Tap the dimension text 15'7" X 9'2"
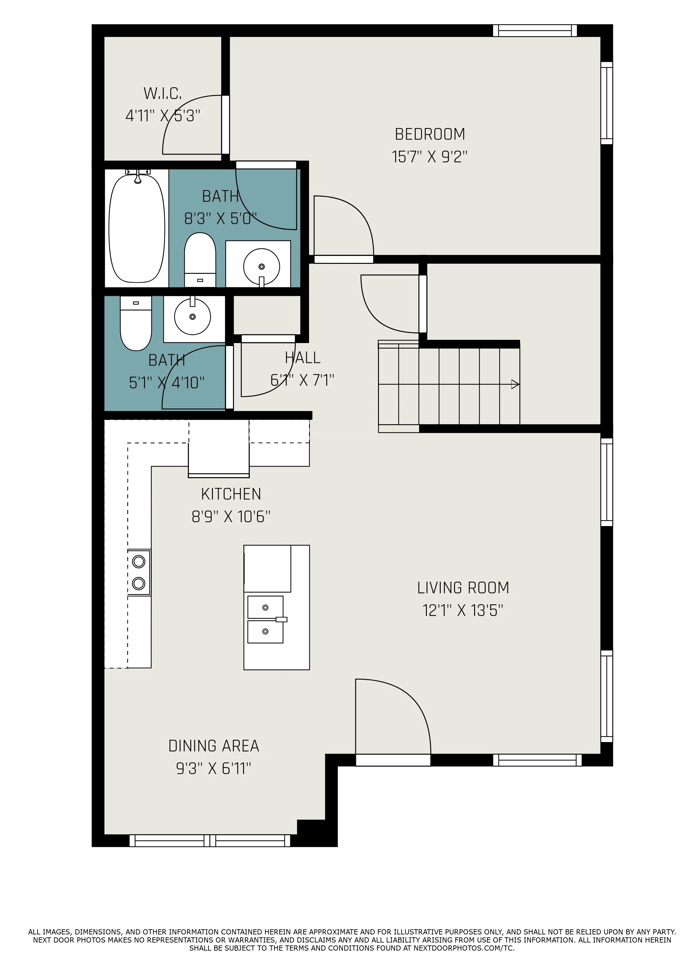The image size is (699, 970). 430,157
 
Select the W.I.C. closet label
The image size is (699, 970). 163,93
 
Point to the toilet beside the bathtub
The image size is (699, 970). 200,260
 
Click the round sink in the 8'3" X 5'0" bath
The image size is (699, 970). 261,266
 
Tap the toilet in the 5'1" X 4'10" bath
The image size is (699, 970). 136,323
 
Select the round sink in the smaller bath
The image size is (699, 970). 193,317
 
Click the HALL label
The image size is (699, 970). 303,358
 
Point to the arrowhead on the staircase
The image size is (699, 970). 516,384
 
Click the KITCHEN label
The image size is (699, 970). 231,494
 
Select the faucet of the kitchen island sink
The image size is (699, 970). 281,619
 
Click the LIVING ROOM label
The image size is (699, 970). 463,587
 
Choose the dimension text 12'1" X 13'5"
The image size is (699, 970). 463,610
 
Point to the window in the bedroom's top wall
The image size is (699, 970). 535,30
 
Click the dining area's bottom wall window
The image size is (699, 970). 210,840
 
